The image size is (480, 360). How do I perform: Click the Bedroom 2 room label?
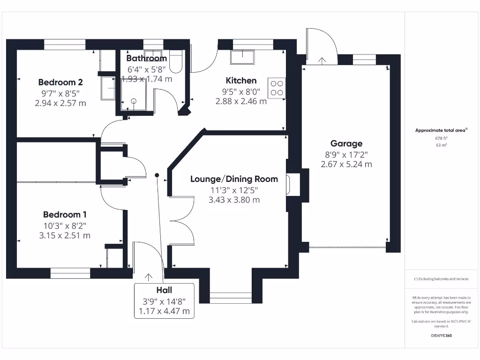pos(60,82)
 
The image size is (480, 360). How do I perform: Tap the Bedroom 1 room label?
pos(65,215)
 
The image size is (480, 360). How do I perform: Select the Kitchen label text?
pos(241,81)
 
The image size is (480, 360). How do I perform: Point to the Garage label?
pos(346,144)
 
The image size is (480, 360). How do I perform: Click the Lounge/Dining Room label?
pos(234,179)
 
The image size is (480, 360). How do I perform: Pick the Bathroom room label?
pos(146,59)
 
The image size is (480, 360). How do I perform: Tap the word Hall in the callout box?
pos(164,291)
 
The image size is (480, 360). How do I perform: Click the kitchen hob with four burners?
pos(276,88)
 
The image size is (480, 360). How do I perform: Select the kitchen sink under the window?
pos(242,57)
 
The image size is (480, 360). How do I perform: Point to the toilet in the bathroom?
pos(175,63)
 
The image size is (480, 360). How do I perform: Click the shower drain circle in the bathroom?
pos(134,100)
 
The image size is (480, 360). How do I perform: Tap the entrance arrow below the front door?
pos(149,278)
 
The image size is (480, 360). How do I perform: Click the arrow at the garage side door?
pos(322,60)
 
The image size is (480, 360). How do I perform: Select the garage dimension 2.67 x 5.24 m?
pos(346,164)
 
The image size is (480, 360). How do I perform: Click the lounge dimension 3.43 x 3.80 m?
pos(234,200)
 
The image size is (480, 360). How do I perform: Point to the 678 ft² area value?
pos(441,138)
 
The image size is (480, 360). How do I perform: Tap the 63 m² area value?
pos(441,145)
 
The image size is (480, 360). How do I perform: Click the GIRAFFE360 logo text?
pos(441,336)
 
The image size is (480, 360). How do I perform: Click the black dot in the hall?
pos(157,175)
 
